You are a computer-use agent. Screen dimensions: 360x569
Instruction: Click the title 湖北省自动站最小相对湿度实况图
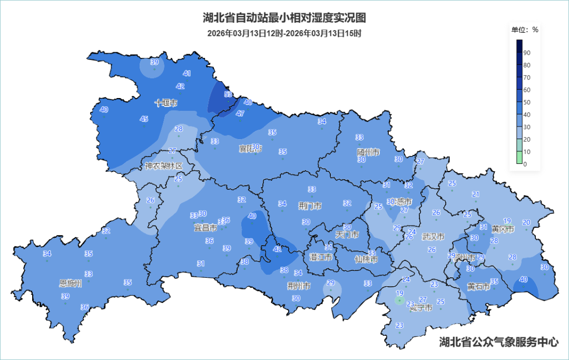284,18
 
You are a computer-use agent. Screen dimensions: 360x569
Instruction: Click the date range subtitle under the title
284,33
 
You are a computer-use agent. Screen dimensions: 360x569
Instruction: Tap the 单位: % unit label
525,30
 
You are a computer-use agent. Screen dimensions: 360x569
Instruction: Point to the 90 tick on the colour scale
527,53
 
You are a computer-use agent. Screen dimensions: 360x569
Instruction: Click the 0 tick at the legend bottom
525,164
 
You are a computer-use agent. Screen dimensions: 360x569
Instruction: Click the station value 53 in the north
228,94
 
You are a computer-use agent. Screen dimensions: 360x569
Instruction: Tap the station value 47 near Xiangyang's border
240,113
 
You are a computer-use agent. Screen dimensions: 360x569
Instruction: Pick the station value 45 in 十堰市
144,119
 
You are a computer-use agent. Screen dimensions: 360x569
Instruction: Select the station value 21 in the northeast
476,194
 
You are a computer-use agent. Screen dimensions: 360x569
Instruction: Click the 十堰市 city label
166,103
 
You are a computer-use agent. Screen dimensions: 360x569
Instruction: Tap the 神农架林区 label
163,166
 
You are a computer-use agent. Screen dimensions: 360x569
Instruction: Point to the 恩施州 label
71,284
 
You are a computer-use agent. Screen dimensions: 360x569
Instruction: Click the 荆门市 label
309,206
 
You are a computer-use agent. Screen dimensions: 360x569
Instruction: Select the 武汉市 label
433,237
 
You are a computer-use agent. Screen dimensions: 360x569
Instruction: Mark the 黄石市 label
478,287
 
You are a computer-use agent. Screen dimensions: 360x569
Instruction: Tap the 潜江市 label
320,257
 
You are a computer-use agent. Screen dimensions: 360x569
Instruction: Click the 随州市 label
368,152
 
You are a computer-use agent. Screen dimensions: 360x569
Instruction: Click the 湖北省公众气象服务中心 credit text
499,342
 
